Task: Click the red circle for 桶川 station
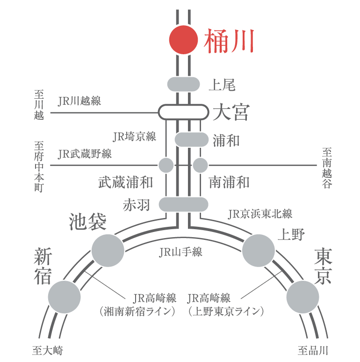[x=183, y=40]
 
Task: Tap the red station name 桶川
[x=229, y=41]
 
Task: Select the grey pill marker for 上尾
[x=183, y=84]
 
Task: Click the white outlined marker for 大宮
[x=183, y=112]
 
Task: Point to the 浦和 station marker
[x=192, y=140]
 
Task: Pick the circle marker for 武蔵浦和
[x=166, y=165]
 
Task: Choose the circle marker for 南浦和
[x=200, y=165]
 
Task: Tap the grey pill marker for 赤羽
[x=183, y=204]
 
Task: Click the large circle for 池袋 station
[x=108, y=251]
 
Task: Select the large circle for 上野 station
[x=259, y=251]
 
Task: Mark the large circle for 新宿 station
[x=65, y=297]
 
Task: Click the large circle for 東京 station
[x=303, y=297]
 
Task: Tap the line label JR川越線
[x=79, y=101]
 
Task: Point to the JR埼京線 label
[x=134, y=137]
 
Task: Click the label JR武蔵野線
[x=85, y=154]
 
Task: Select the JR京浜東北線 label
[x=260, y=214]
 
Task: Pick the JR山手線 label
[x=180, y=252]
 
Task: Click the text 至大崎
[x=48, y=350]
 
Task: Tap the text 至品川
[x=313, y=350]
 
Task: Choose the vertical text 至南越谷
[x=327, y=168]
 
